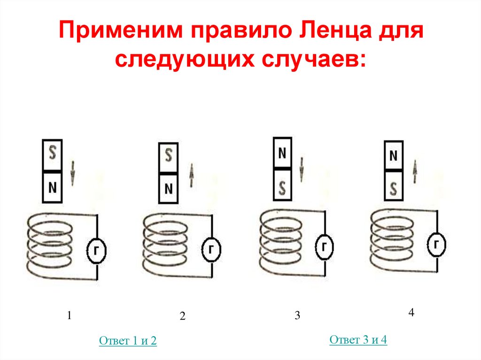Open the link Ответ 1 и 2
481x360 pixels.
pos(128,341)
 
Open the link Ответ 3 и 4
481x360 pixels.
pos(358,340)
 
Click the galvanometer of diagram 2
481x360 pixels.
pos(212,249)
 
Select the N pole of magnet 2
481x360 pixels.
pos(168,189)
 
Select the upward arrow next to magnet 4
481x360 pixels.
pos(416,171)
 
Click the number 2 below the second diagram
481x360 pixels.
pos(183,316)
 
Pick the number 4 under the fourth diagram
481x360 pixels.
pos(411,313)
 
